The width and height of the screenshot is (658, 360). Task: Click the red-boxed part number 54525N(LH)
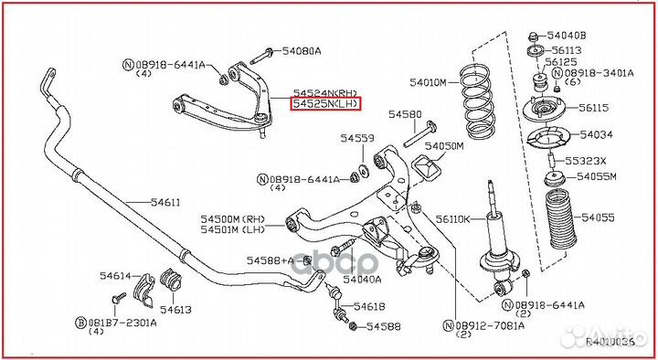325,105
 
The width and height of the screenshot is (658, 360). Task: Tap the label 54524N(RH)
325,92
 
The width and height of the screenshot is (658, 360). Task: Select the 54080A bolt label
302,51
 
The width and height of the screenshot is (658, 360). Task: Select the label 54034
596,135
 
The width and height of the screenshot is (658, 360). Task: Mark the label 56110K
452,219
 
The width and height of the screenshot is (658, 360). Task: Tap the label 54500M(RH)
233,218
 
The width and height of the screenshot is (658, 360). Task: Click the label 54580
404,115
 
